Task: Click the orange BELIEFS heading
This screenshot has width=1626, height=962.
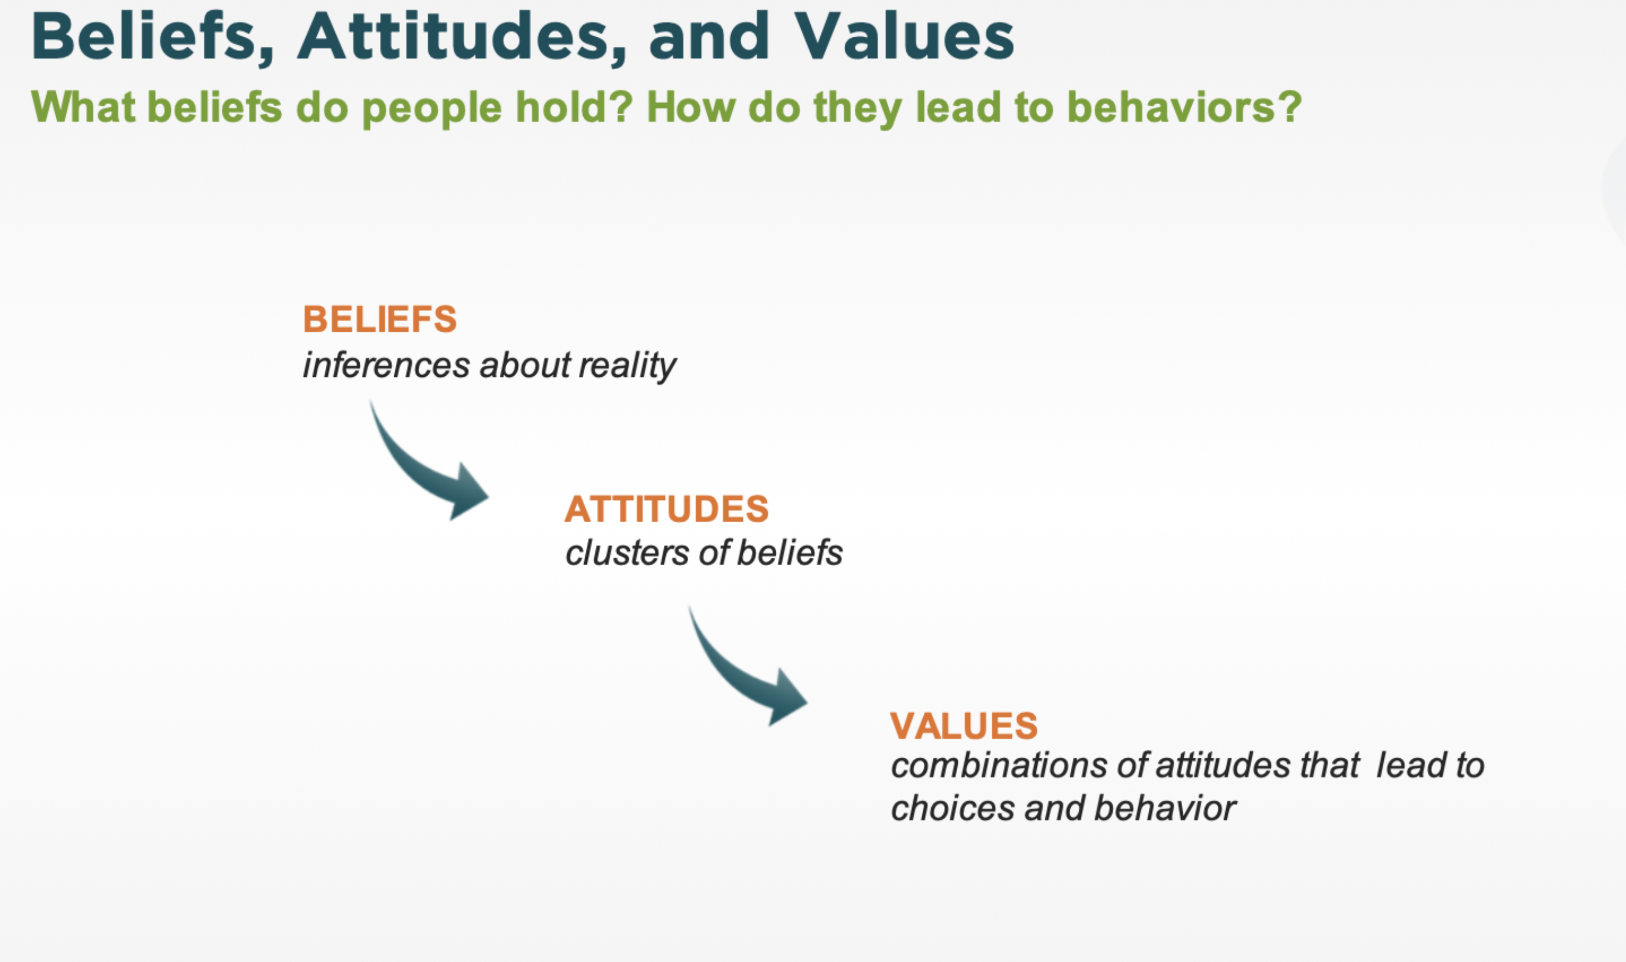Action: (380, 319)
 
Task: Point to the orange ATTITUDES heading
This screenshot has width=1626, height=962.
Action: (667, 509)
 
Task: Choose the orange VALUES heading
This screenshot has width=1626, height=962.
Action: (964, 725)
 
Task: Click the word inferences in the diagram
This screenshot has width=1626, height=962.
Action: (386, 365)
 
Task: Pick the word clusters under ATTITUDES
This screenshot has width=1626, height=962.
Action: (627, 553)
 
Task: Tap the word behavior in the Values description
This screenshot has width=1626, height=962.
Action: (1165, 809)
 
